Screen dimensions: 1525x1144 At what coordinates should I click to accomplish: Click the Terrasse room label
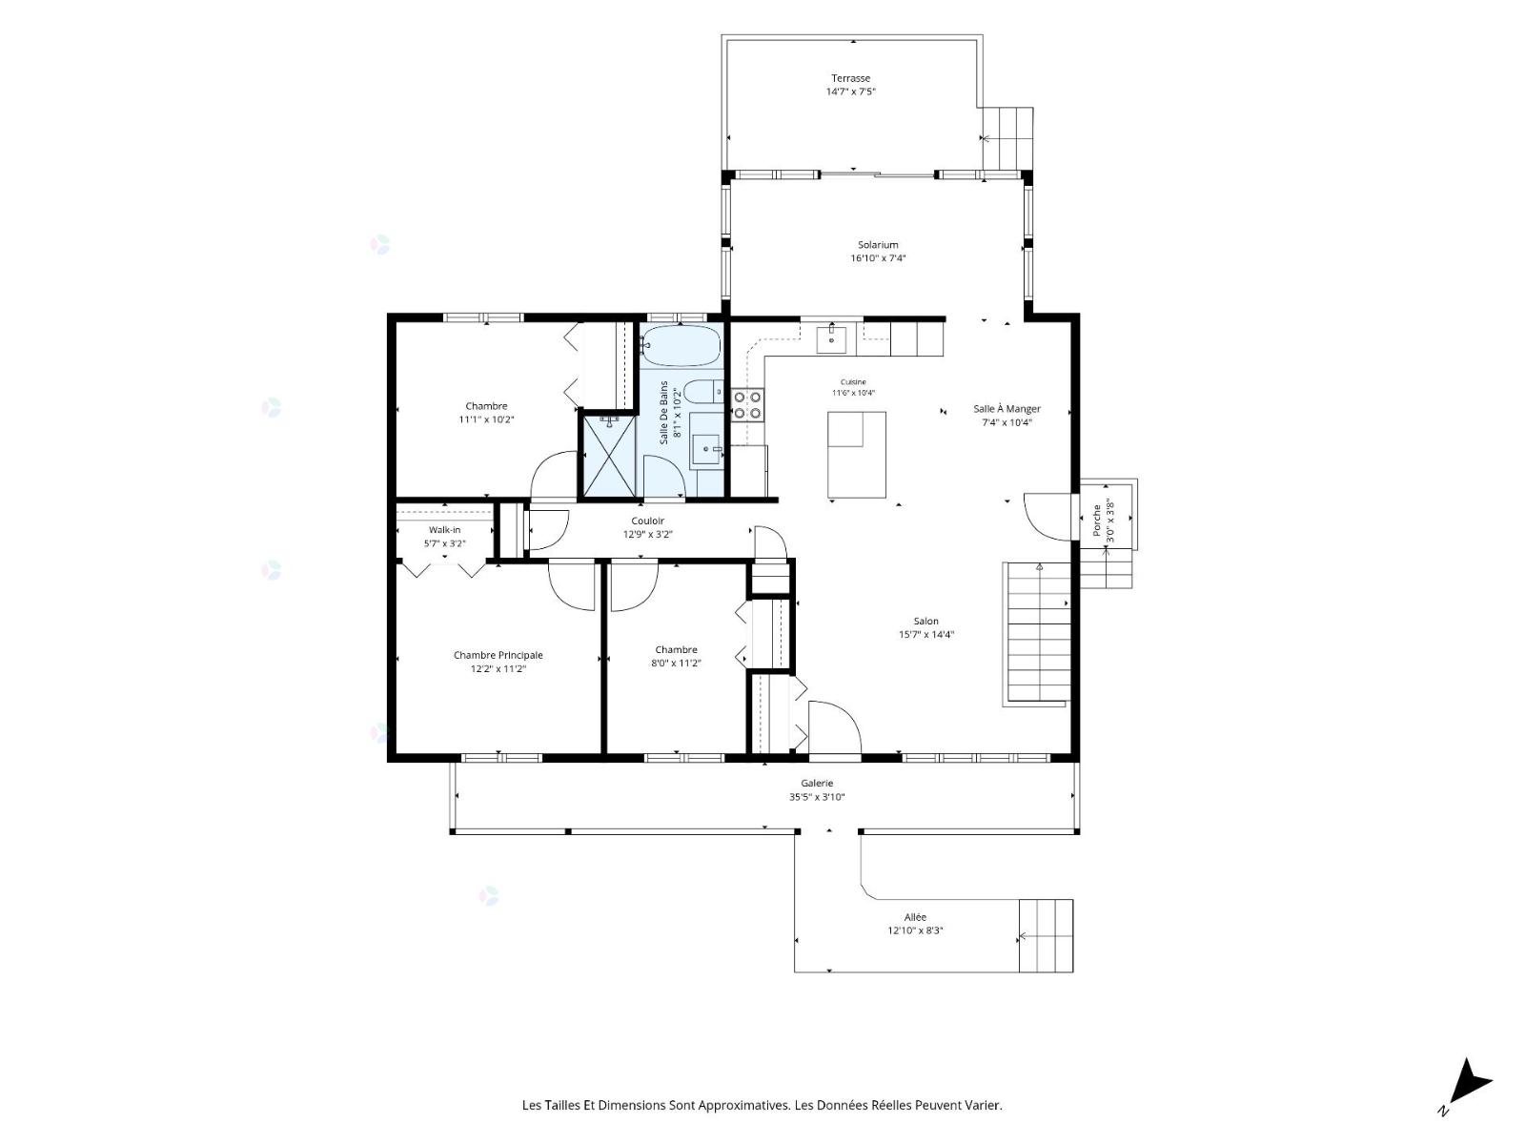(x=850, y=78)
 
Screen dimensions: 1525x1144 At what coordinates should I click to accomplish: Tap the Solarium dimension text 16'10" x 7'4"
(x=878, y=258)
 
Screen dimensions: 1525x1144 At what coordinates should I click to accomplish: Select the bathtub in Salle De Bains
(x=681, y=345)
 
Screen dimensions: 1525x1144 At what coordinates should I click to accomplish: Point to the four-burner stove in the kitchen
(x=747, y=405)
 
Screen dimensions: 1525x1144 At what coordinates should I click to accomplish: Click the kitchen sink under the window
(x=831, y=339)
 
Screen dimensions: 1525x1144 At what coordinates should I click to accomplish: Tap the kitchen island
(x=857, y=455)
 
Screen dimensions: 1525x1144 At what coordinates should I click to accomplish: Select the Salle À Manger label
(x=1006, y=409)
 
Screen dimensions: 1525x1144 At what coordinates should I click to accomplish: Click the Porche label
(x=1097, y=521)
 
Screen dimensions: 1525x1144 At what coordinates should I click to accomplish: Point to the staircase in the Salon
(x=1038, y=633)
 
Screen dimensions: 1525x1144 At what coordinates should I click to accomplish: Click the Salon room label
(x=926, y=622)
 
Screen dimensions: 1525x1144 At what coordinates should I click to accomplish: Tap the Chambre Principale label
(x=498, y=655)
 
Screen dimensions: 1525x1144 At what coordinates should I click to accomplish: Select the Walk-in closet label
(x=445, y=530)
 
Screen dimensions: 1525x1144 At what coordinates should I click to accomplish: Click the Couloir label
(x=647, y=521)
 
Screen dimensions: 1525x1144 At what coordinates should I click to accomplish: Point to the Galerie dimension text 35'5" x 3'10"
(x=816, y=797)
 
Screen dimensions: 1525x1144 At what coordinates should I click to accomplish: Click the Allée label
(x=915, y=917)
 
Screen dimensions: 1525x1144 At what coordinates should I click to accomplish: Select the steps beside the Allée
(x=1046, y=935)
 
